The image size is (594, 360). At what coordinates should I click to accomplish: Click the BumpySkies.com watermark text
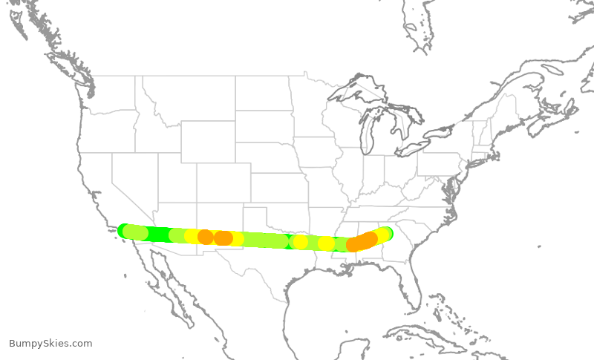coord(50,343)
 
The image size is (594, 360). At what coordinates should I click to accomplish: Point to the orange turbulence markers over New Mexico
coord(215,238)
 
